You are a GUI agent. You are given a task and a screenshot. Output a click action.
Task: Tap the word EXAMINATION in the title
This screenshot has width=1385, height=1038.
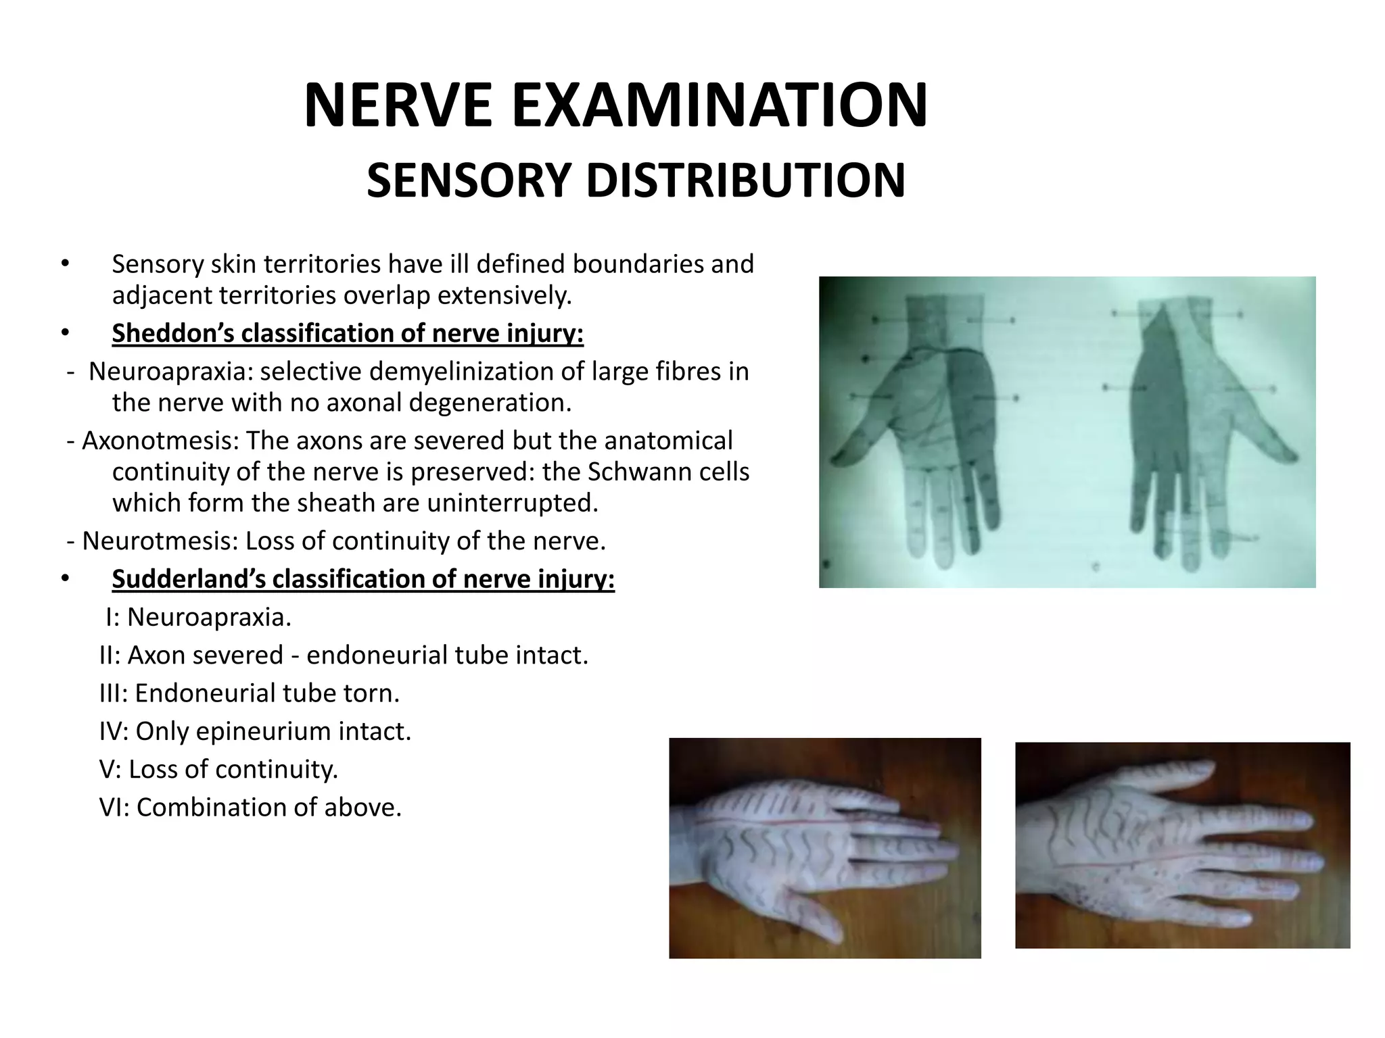tap(720, 106)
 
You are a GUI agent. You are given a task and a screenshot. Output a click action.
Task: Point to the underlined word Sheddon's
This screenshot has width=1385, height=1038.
tap(172, 333)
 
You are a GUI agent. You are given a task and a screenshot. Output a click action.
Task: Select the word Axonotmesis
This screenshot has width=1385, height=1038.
tap(160, 441)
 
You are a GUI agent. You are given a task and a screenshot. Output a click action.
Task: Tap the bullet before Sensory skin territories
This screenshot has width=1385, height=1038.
tap(65, 264)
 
